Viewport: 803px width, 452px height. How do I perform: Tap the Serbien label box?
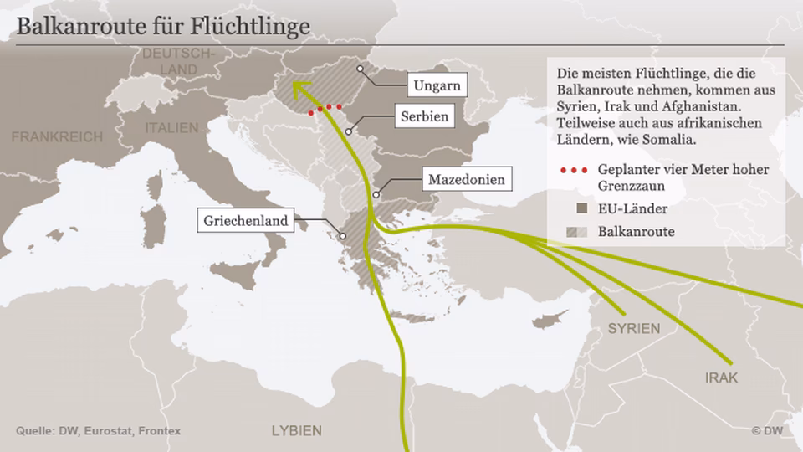point(424,117)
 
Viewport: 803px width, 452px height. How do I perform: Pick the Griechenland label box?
point(247,222)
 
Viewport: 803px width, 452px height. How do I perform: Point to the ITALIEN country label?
point(172,128)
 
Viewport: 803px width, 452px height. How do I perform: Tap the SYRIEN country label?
point(633,328)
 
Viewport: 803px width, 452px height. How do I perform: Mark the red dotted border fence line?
point(325,108)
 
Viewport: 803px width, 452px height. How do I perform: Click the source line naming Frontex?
point(99,430)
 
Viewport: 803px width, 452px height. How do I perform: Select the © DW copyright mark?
point(768,430)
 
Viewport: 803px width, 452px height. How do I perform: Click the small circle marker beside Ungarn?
point(360,69)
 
